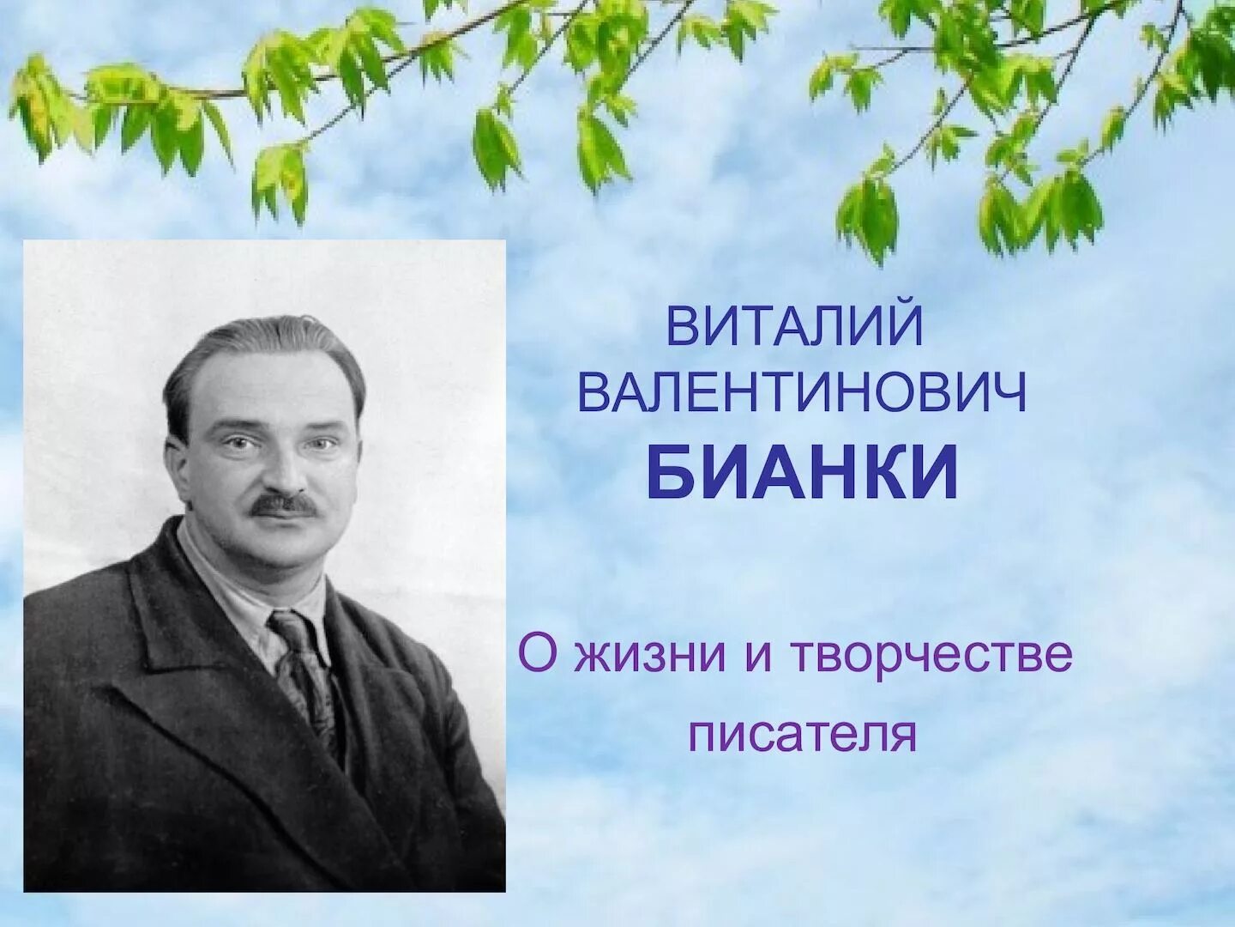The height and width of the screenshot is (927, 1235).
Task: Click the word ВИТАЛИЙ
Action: tap(794, 327)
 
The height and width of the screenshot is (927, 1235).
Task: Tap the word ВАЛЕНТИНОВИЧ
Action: tap(802, 398)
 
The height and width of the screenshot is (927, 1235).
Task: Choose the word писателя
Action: tap(803, 736)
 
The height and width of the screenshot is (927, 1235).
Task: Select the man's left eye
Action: tap(322, 444)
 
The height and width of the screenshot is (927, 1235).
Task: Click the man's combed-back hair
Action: tap(257, 352)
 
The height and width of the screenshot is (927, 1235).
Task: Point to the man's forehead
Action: tap(274, 391)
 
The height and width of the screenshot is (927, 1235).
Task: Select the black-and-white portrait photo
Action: tap(264, 566)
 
